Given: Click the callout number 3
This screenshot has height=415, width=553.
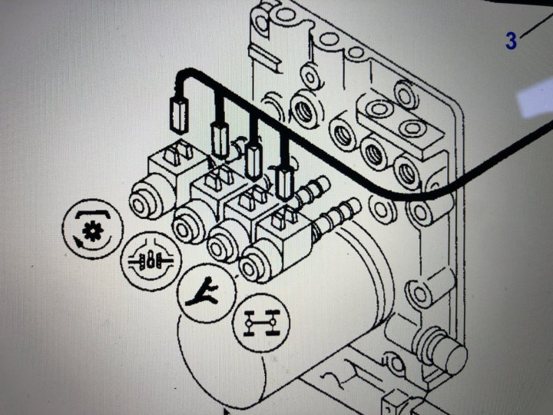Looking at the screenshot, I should (512, 41).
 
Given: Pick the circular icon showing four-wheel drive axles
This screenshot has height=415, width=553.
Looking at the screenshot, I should (260, 323).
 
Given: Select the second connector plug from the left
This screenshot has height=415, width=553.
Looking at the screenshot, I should (220, 138).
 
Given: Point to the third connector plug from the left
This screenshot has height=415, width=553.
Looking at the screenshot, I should (253, 161).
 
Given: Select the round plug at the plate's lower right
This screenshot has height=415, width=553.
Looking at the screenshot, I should (449, 353).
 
